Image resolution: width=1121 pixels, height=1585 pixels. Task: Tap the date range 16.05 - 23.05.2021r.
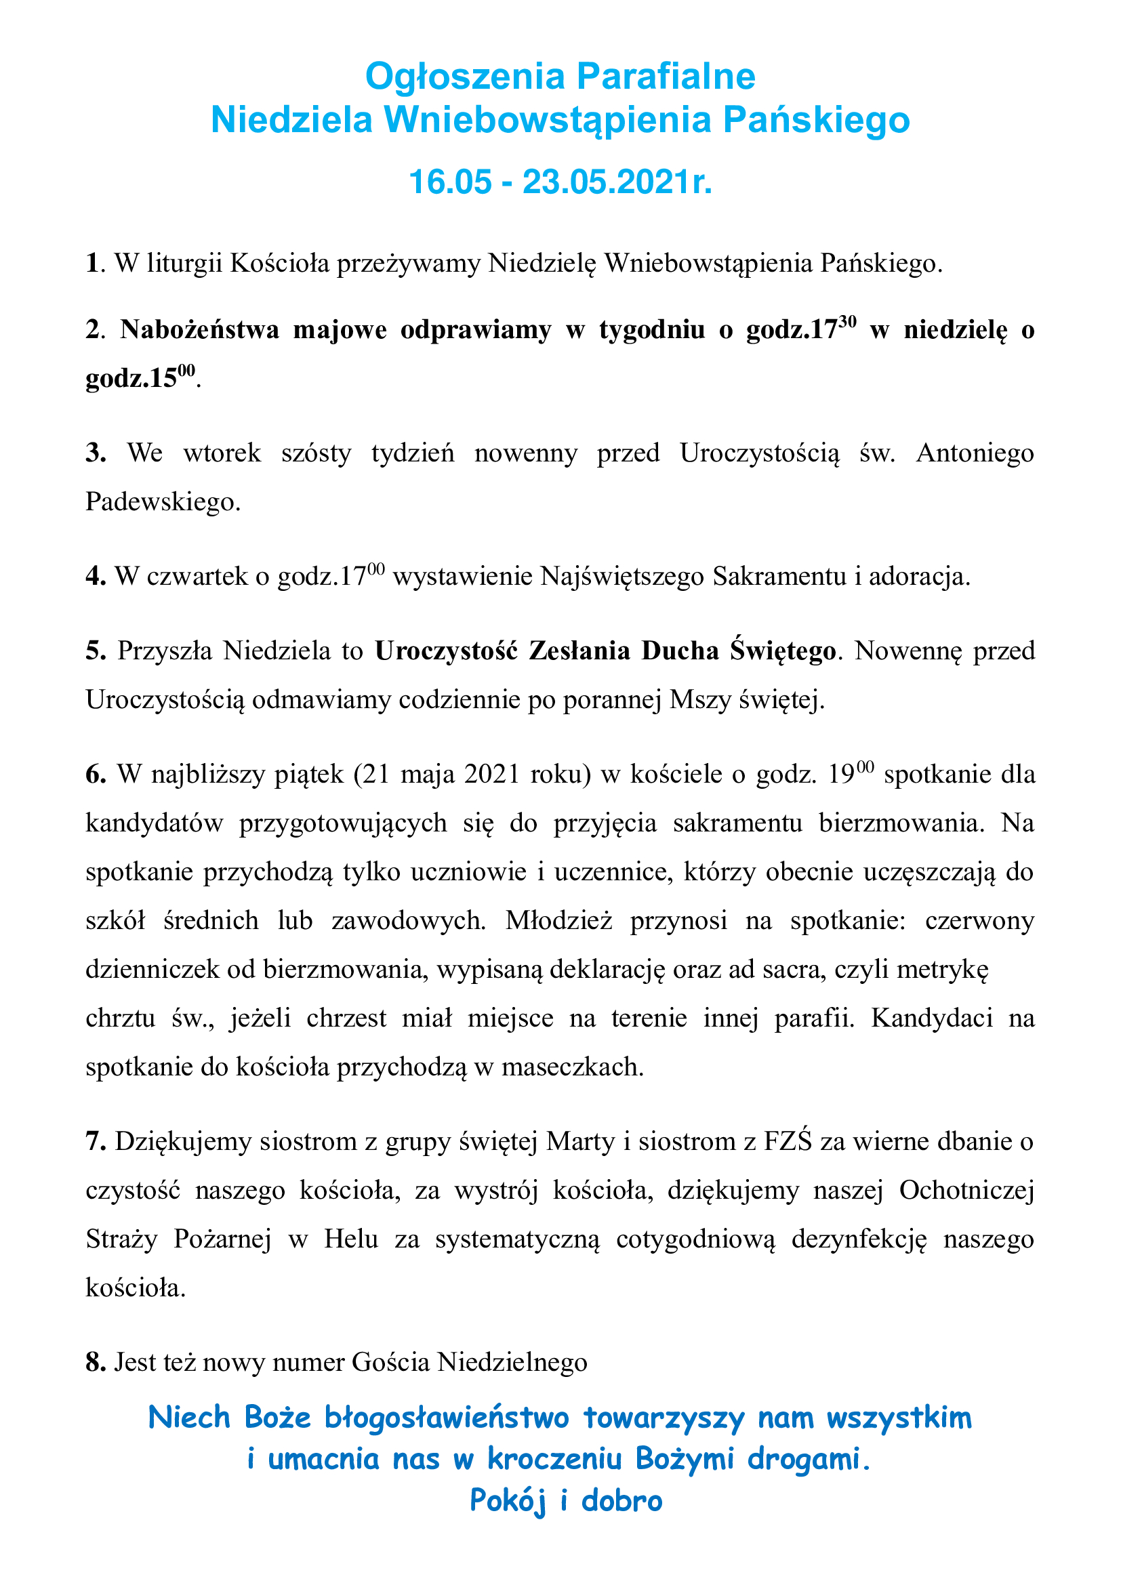pos(560,182)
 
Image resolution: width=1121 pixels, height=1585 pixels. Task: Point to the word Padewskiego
pos(163,501)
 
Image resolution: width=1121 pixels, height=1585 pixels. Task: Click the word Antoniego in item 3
pos(975,453)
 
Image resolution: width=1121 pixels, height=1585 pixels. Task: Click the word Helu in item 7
pos(350,1239)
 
